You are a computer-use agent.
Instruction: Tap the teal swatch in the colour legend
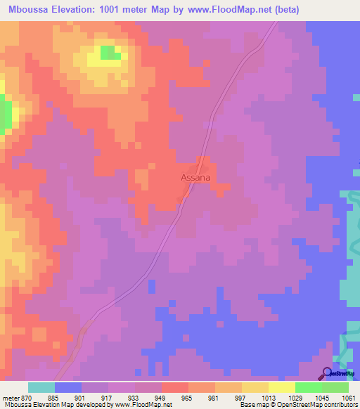[41, 387]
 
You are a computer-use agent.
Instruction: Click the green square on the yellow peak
[109, 53]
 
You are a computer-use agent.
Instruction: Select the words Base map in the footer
[253, 405]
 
